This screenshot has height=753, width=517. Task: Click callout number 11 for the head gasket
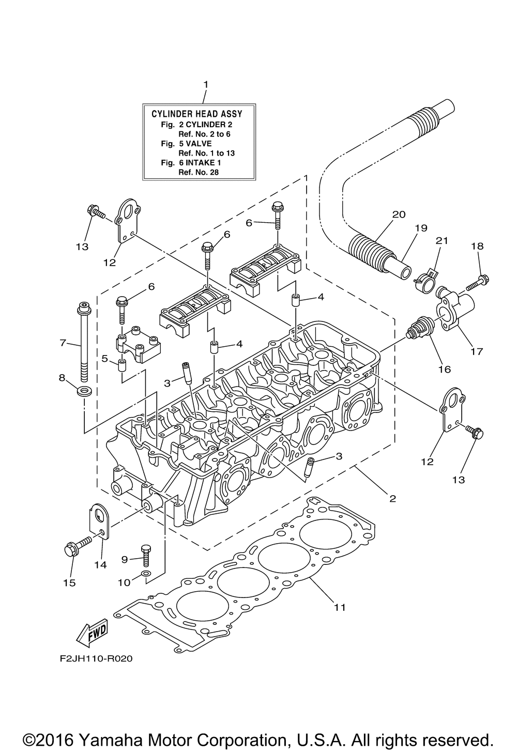(x=340, y=607)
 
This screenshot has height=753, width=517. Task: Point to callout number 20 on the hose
(x=399, y=214)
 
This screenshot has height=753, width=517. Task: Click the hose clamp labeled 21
(x=425, y=278)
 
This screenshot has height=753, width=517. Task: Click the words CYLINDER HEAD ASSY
(x=197, y=114)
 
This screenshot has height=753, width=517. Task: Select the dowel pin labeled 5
(x=123, y=365)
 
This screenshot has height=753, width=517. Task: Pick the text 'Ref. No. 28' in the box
(x=199, y=173)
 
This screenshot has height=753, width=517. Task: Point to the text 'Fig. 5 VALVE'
(x=186, y=144)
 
